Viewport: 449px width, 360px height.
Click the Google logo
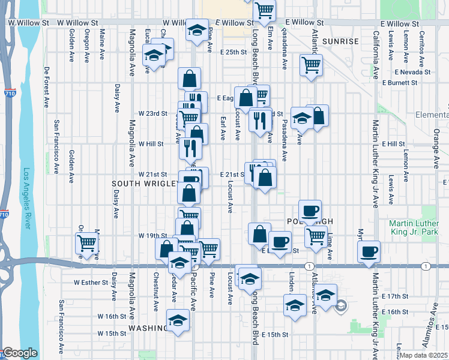[x=20, y=353]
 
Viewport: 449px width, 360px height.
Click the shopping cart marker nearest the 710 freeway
[x=86, y=244]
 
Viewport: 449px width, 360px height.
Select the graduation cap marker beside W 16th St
[x=178, y=320]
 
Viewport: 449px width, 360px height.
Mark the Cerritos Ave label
[x=422, y=45]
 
